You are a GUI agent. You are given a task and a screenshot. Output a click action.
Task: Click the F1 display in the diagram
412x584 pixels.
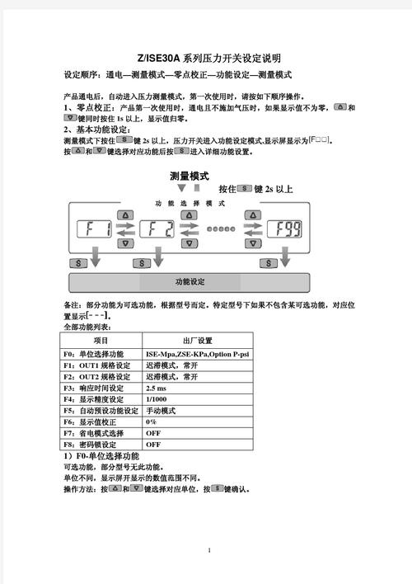coord(92,230)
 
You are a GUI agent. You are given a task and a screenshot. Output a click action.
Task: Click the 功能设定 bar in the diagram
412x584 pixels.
coord(190,282)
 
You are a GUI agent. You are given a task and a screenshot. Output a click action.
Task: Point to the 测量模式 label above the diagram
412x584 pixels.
coord(189,177)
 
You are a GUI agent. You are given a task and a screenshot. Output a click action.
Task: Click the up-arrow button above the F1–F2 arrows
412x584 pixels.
coord(125,215)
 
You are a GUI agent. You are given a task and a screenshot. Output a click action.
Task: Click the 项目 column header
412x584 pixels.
coord(101,341)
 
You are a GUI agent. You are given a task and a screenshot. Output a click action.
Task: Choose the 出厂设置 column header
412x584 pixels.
coord(197,341)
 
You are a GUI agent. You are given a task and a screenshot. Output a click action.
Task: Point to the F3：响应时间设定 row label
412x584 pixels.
coord(93,388)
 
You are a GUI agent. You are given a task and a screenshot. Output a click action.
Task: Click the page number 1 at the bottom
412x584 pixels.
coord(210,550)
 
